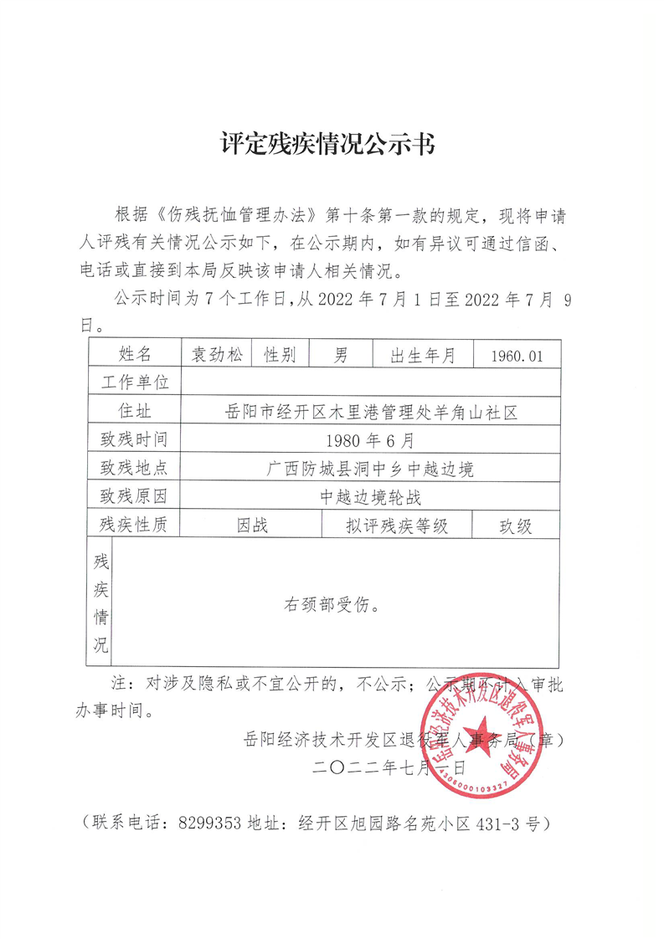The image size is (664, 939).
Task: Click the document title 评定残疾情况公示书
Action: pyautogui.click(x=327, y=143)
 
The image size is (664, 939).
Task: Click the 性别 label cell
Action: pyautogui.click(x=280, y=355)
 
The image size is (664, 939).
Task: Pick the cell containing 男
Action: pyautogui.click(x=341, y=355)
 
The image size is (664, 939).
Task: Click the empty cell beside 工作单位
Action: pyautogui.click(x=369, y=382)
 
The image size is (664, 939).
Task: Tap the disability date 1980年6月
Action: pyautogui.click(x=369, y=439)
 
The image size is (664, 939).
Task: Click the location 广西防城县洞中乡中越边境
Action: pyautogui.click(x=368, y=468)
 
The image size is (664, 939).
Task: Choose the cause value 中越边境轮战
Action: pyautogui.click(x=369, y=496)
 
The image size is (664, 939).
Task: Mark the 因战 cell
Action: pyautogui.click(x=252, y=526)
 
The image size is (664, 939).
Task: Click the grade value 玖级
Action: pyautogui.click(x=516, y=526)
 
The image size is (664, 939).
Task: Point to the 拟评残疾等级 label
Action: pyautogui.click(x=397, y=526)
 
